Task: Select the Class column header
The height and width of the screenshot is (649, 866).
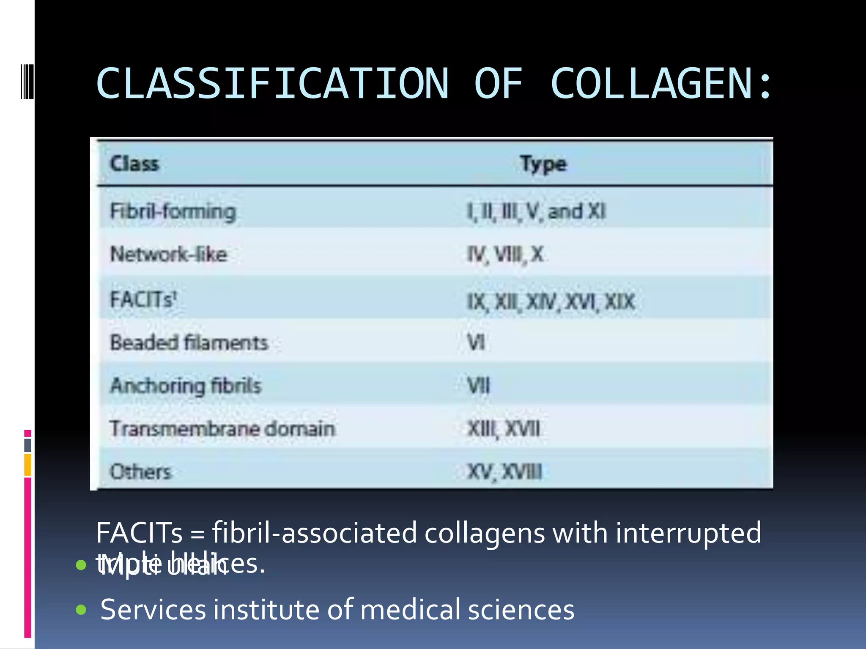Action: pyautogui.click(x=134, y=164)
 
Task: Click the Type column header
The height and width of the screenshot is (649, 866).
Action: pyautogui.click(x=543, y=164)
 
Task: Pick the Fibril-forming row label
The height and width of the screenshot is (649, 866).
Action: pyautogui.click(x=173, y=211)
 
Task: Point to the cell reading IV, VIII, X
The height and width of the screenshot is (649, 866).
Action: pyautogui.click(x=505, y=254)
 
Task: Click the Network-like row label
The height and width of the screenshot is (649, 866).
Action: pyautogui.click(x=169, y=254)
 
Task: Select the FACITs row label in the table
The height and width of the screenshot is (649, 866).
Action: pyautogui.click(x=143, y=300)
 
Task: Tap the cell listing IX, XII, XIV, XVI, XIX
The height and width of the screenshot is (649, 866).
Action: pyautogui.click(x=551, y=302)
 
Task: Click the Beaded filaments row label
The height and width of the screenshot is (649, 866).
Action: pyautogui.click(x=189, y=342)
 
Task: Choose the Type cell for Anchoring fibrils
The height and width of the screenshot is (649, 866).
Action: pyautogui.click(x=478, y=385)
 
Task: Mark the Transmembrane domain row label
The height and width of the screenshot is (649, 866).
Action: pyautogui.click(x=222, y=428)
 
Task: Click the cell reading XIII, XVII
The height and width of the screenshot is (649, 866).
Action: pyautogui.click(x=503, y=429)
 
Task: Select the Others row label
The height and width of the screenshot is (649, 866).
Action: pyautogui.click(x=141, y=472)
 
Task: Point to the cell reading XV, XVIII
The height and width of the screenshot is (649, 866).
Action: pyautogui.click(x=504, y=472)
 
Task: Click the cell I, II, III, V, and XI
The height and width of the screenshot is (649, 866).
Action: pyautogui.click(x=536, y=211)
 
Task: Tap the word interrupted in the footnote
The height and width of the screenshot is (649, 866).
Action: pyautogui.click(x=688, y=533)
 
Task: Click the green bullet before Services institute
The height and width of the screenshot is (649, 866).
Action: pyautogui.click(x=81, y=609)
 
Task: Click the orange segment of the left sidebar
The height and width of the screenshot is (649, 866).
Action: pyautogui.click(x=27, y=465)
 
